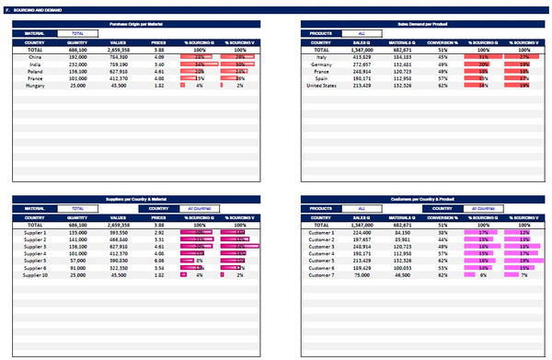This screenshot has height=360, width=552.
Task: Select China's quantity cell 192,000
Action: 77,56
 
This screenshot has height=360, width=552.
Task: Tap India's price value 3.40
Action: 158,64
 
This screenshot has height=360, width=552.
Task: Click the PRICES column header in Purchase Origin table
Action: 158,41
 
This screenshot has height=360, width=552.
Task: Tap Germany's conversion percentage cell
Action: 443,64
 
